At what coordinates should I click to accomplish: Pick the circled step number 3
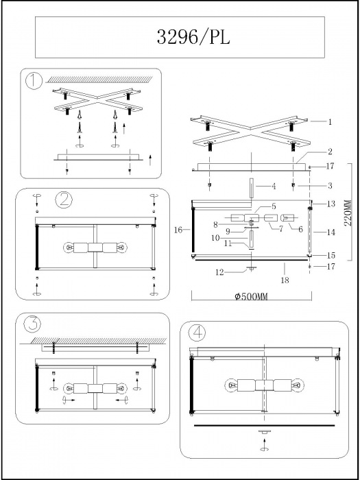point(32,324)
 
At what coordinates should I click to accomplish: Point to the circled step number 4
point(198,333)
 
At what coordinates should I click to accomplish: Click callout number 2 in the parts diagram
point(330,151)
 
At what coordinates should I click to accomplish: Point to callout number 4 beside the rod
point(273,185)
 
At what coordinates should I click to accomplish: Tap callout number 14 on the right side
point(330,232)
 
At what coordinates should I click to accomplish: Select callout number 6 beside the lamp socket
point(300,228)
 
